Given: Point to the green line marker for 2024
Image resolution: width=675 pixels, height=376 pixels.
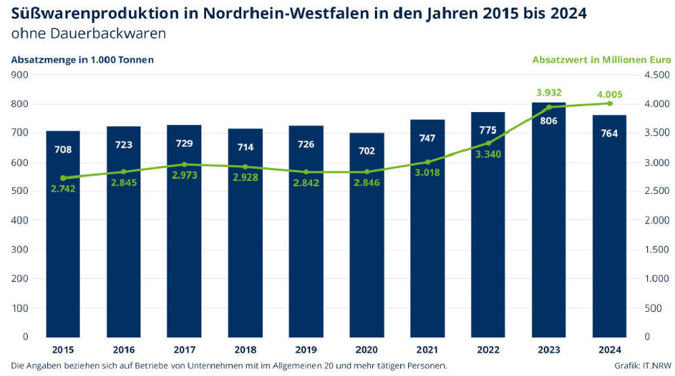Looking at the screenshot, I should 609,103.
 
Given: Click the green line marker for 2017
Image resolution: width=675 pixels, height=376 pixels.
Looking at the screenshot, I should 184,165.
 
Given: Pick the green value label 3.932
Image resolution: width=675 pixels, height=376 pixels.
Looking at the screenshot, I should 549,92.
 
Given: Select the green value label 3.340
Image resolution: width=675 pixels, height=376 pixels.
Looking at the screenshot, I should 488,155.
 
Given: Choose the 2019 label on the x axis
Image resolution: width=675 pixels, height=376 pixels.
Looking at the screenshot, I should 306,349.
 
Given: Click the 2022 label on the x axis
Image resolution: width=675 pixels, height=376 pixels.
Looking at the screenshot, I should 488,349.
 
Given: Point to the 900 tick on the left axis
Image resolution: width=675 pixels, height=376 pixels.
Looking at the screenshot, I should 18,75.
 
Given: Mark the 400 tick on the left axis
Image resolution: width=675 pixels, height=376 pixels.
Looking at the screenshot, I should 18,220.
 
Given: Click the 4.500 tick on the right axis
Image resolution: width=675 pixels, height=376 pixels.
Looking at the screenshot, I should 657,75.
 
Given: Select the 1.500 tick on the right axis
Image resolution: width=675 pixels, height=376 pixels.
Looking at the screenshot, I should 657,249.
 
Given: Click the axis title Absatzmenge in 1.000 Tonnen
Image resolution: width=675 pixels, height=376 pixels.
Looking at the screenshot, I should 82,59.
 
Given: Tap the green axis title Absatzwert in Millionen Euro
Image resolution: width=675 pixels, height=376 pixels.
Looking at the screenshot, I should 601,59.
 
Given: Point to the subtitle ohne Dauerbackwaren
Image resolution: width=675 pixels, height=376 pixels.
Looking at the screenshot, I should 88,32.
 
